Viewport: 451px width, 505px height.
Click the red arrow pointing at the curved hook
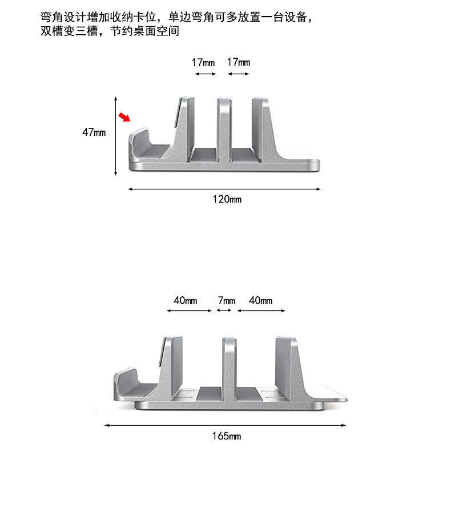[x=124, y=118]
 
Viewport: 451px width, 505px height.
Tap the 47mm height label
[x=94, y=132]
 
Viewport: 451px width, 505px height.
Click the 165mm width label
[x=227, y=436]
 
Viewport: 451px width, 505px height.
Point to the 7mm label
[x=226, y=301]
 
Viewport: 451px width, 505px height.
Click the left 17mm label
[x=203, y=62]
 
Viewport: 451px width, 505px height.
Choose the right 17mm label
[x=238, y=62]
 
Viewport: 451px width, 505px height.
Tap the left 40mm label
[x=186, y=301]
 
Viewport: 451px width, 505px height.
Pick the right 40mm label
[x=260, y=301]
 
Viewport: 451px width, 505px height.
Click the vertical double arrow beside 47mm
[x=116, y=136]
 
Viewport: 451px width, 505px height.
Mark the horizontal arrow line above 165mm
[x=226, y=425]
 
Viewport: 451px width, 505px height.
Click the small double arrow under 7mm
[x=223, y=310]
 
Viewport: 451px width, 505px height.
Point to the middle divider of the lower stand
[x=229, y=368]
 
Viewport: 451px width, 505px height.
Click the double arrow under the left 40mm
[x=189, y=310]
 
